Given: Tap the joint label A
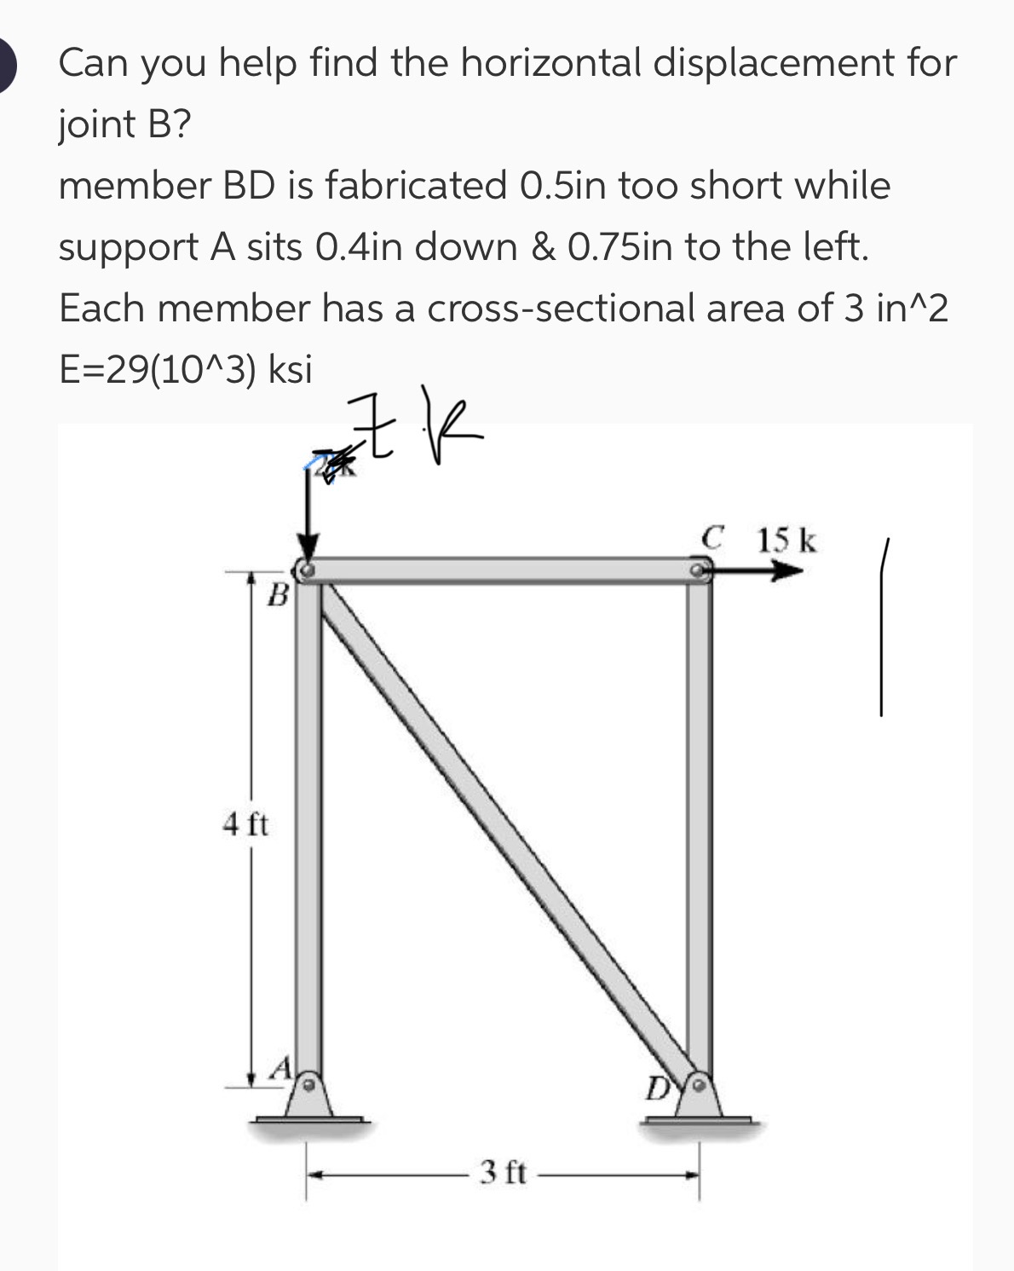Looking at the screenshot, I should click(282, 1066).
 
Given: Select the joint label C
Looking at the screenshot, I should click(713, 539).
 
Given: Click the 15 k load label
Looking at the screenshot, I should click(786, 540).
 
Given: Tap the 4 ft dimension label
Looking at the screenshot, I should click(245, 824).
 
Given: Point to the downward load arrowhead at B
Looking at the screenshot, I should click(308, 546).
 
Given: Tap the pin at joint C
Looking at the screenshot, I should click(700, 569).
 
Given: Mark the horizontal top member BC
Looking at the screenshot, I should click(503, 569).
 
